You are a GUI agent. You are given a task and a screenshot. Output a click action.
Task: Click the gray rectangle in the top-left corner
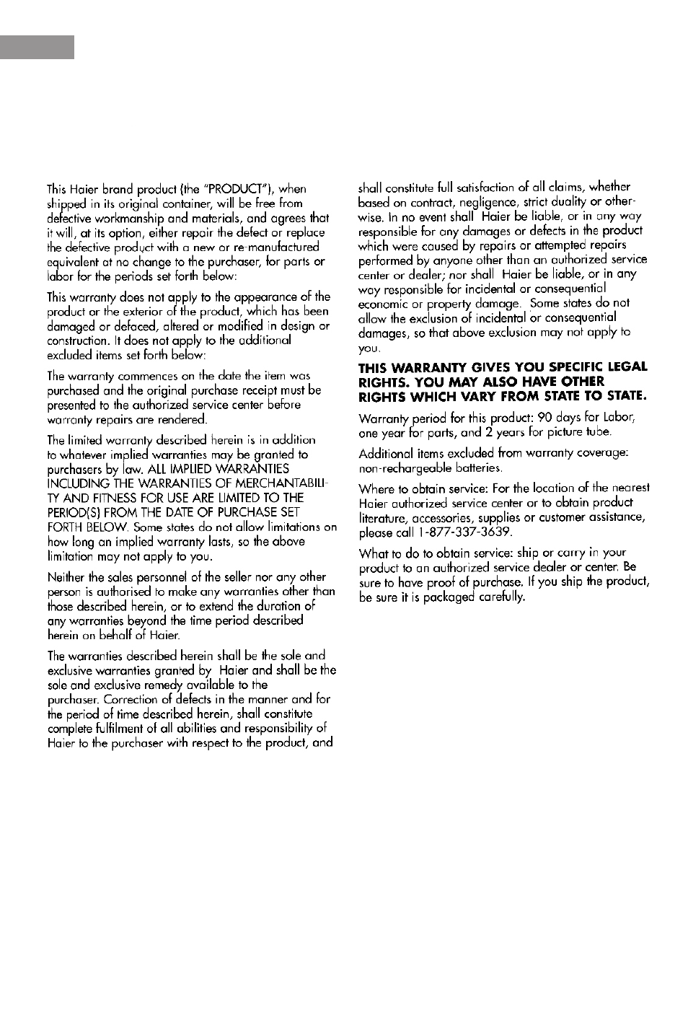pyautogui.click(x=37, y=46)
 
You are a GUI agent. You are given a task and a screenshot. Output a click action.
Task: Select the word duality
pyautogui.click(x=569, y=201)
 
